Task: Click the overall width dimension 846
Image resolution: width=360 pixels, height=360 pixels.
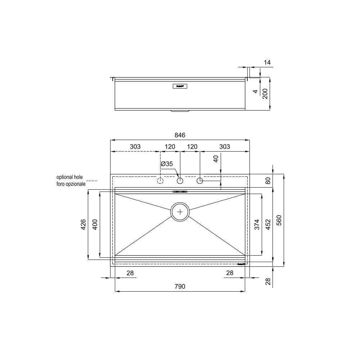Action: pos(180,135)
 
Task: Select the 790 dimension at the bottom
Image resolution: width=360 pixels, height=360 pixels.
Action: pos(180,287)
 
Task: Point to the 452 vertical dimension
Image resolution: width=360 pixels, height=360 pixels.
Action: pos(267,225)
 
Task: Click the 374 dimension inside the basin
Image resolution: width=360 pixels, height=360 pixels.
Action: pos(256,225)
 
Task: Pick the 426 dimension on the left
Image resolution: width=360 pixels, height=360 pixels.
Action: pos(83,225)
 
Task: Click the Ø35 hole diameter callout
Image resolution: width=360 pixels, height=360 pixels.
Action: pos(167,164)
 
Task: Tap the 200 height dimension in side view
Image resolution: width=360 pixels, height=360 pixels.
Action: pos(265,94)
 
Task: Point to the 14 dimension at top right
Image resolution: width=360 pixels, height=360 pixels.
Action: pos(267,63)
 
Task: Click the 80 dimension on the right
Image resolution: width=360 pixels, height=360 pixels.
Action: pos(267,181)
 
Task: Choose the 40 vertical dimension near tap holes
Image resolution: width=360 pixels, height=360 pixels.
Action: pos(216,159)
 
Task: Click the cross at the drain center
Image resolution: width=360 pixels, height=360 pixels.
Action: pos(180,212)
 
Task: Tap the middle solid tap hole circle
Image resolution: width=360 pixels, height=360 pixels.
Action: pos(180,180)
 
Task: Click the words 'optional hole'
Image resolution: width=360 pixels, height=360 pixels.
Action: pos(69,177)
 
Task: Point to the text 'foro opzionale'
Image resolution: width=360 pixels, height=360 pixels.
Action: pos(71,184)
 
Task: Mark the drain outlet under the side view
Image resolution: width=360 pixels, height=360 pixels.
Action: pos(180,111)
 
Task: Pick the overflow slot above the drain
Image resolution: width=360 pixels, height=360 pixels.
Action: pos(180,192)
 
